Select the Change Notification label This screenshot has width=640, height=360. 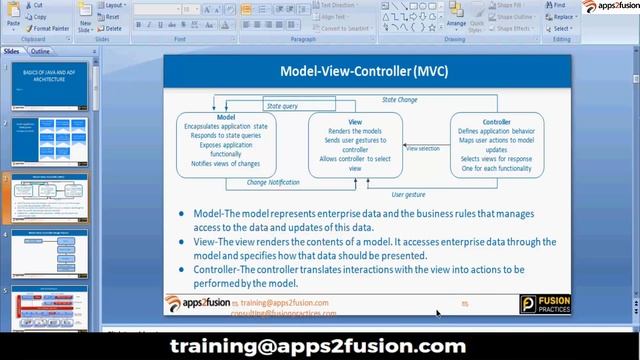[272, 183]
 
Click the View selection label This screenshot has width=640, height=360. [422, 148]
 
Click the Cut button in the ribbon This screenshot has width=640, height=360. [36, 5]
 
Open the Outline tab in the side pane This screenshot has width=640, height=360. [41, 50]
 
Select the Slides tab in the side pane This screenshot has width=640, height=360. [12, 50]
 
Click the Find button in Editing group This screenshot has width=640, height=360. [558, 5]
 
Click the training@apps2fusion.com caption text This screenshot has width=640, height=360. [318, 346]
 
